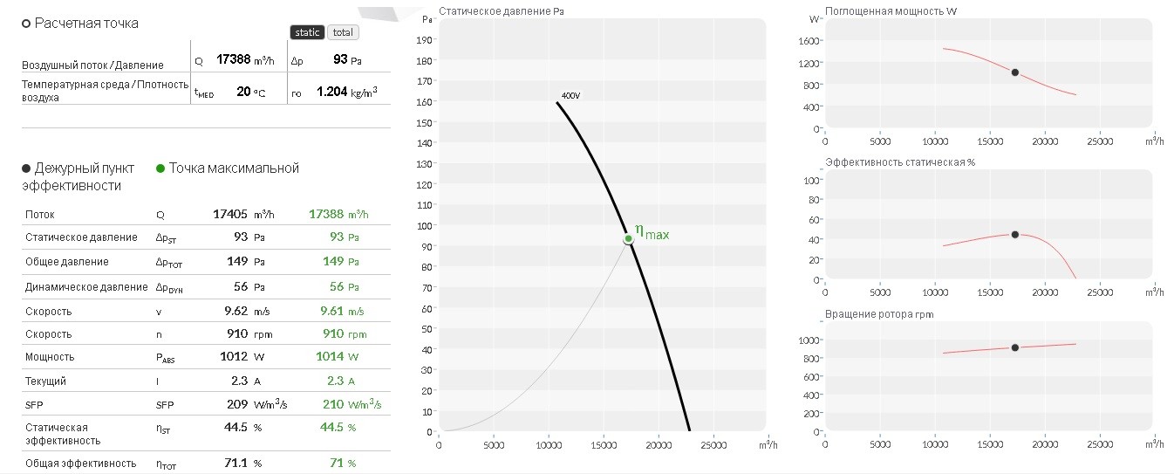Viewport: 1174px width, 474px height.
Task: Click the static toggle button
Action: [x=307, y=32]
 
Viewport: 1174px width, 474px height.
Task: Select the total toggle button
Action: [x=343, y=32]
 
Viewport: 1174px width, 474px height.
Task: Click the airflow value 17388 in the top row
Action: [x=233, y=59]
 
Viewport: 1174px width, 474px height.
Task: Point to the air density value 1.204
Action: [x=331, y=92]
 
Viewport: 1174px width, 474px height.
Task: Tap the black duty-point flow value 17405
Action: [x=230, y=214]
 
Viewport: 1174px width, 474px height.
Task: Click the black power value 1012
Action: [x=234, y=356]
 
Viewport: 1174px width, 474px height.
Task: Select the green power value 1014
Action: [x=330, y=356]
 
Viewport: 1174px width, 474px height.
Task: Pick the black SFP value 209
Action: [x=237, y=404]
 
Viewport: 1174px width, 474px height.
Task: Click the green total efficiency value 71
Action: [x=337, y=463]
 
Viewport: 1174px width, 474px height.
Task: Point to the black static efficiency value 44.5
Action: [x=235, y=428]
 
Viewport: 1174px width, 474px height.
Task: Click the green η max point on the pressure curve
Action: [x=628, y=239]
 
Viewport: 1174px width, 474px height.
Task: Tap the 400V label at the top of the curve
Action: [x=570, y=95]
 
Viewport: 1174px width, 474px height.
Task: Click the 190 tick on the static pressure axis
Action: [x=424, y=40]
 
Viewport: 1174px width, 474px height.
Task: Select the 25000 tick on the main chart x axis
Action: [x=713, y=445]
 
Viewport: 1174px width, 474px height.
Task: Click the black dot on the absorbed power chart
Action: [x=1015, y=72]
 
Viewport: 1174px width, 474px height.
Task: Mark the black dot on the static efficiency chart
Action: [x=1015, y=234]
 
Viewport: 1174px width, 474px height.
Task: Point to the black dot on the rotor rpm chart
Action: [x=1015, y=347]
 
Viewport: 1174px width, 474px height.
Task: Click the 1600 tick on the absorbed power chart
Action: [x=809, y=41]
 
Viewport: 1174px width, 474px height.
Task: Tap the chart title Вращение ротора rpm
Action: [x=879, y=314]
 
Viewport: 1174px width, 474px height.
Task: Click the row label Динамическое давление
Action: [x=86, y=287]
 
